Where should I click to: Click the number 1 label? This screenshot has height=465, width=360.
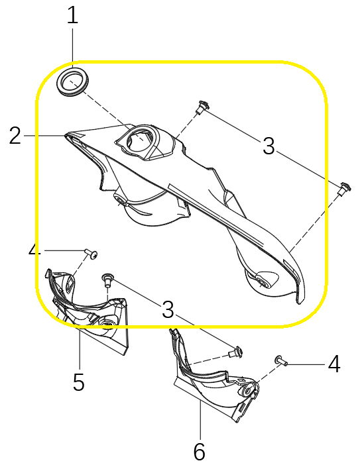(72, 16)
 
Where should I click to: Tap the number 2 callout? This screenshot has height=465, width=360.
(15, 135)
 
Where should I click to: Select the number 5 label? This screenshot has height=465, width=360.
(79, 382)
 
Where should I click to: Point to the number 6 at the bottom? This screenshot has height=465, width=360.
(200, 452)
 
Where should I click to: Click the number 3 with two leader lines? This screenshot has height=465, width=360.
(269, 146)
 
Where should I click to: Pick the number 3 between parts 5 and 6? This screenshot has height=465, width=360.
(168, 309)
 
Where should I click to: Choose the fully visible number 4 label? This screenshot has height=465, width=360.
(334, 364)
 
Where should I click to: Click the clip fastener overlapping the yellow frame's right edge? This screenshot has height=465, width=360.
(344, 188)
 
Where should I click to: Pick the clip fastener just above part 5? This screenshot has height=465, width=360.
(107, 280)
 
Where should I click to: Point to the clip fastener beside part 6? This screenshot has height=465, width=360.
(236, 352)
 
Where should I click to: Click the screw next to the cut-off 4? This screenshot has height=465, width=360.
(91, 254)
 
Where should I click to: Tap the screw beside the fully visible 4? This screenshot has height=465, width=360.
(281, 360)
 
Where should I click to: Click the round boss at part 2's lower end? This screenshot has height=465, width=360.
(261, 281)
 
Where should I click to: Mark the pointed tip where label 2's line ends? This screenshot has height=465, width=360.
(64, 135)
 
